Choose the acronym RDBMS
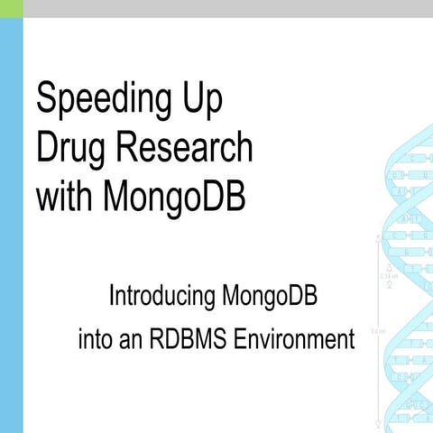click(x=199, y=341)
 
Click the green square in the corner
click(x=11, y=8)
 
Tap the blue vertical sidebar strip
click(x=11, y=226)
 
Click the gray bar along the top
click(x=226, y=8)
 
